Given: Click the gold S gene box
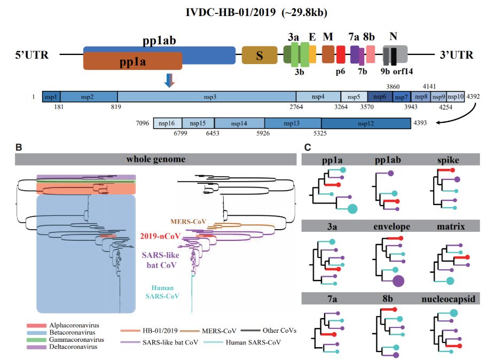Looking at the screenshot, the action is (260, 55).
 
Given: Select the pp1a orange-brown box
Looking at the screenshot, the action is (132, 61).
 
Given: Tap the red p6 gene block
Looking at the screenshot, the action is (341, 54).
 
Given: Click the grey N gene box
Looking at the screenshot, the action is (395, 54).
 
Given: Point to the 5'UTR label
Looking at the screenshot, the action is (32, 55).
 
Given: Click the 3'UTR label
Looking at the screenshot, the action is (456, 55).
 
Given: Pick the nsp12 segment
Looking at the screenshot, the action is (366, 123).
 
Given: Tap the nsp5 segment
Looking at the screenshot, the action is (354, 97).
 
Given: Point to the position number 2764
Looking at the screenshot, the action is (296, 107).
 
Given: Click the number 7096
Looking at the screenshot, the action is (143, 123).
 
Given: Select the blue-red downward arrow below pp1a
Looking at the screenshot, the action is (169, 81).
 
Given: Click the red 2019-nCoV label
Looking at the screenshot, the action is (160, 236).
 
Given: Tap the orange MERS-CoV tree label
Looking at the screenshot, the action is (188, 222).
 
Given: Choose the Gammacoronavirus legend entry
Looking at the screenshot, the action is (66, 340).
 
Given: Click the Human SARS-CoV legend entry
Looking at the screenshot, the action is (242, 342).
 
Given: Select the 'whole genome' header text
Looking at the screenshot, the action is (156, 159).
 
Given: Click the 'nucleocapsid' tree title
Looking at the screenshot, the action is (448, 299).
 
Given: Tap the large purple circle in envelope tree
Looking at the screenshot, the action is (398, 281).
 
